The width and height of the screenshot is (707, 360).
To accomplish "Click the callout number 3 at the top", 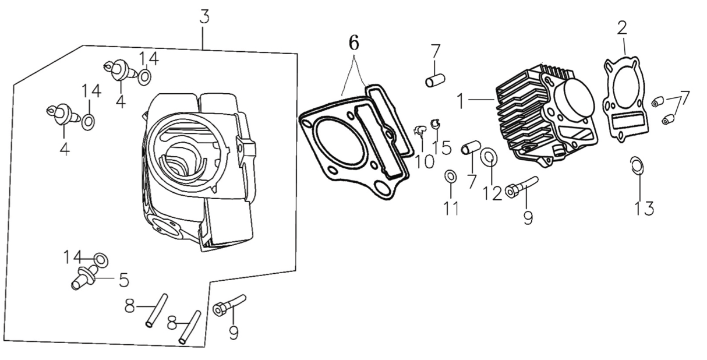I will coord(203,17).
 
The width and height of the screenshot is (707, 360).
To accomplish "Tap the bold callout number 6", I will coord(354,43).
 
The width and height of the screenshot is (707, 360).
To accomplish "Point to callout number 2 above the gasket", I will coord(623,27).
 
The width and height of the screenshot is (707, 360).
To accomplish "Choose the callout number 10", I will coord(425,160).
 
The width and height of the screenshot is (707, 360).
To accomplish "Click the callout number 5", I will coord(123,280).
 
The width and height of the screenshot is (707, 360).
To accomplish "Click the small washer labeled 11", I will coord(450,176).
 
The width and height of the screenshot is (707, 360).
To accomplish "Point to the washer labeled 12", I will coord(488,156).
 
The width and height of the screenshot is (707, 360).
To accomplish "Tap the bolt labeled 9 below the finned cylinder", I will coord(521,186).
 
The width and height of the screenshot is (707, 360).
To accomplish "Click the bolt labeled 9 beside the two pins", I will coord(229,305).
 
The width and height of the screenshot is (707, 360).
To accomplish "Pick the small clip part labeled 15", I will coord(434,123).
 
